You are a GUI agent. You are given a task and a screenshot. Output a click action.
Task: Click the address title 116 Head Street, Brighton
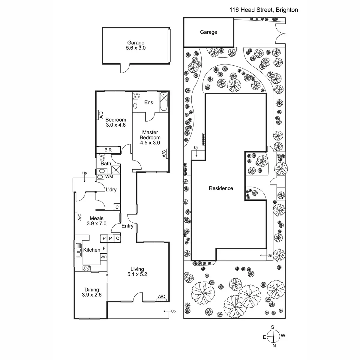coord(264,10)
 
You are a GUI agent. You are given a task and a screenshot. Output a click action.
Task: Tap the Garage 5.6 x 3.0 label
coord(136,45)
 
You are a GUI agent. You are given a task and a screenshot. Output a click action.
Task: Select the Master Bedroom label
coord(150,137)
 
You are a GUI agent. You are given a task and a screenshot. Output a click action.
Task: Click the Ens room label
coord(148,103)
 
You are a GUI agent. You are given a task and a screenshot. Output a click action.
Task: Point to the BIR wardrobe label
coord(108,150)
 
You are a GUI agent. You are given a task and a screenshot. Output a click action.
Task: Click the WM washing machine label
coord(109,177)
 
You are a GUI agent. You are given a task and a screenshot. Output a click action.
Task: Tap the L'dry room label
coord(111,190)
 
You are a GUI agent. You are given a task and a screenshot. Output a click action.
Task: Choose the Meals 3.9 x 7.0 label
coord(96,221)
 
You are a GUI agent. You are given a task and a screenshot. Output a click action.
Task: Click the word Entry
coord(127,226)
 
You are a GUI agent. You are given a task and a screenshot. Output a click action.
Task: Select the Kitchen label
coord(91,250)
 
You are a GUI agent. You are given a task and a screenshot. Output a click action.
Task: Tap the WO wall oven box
coord(103,257)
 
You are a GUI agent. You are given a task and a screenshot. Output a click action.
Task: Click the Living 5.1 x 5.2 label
coord(137,271)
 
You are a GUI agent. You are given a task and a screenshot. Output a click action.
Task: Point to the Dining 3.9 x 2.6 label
coord(91,292)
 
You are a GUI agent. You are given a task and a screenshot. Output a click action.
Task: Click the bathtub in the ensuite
coord(164,102)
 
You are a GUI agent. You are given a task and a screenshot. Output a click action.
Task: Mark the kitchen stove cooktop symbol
coord(87,268)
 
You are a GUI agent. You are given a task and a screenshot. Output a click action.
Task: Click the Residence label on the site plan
coord(221,188)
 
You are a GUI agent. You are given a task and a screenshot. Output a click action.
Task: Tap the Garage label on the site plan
coord(208,32)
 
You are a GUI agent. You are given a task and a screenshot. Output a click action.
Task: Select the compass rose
coord(274,336)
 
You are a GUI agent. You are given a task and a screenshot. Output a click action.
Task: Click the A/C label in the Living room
coord(161,297)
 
